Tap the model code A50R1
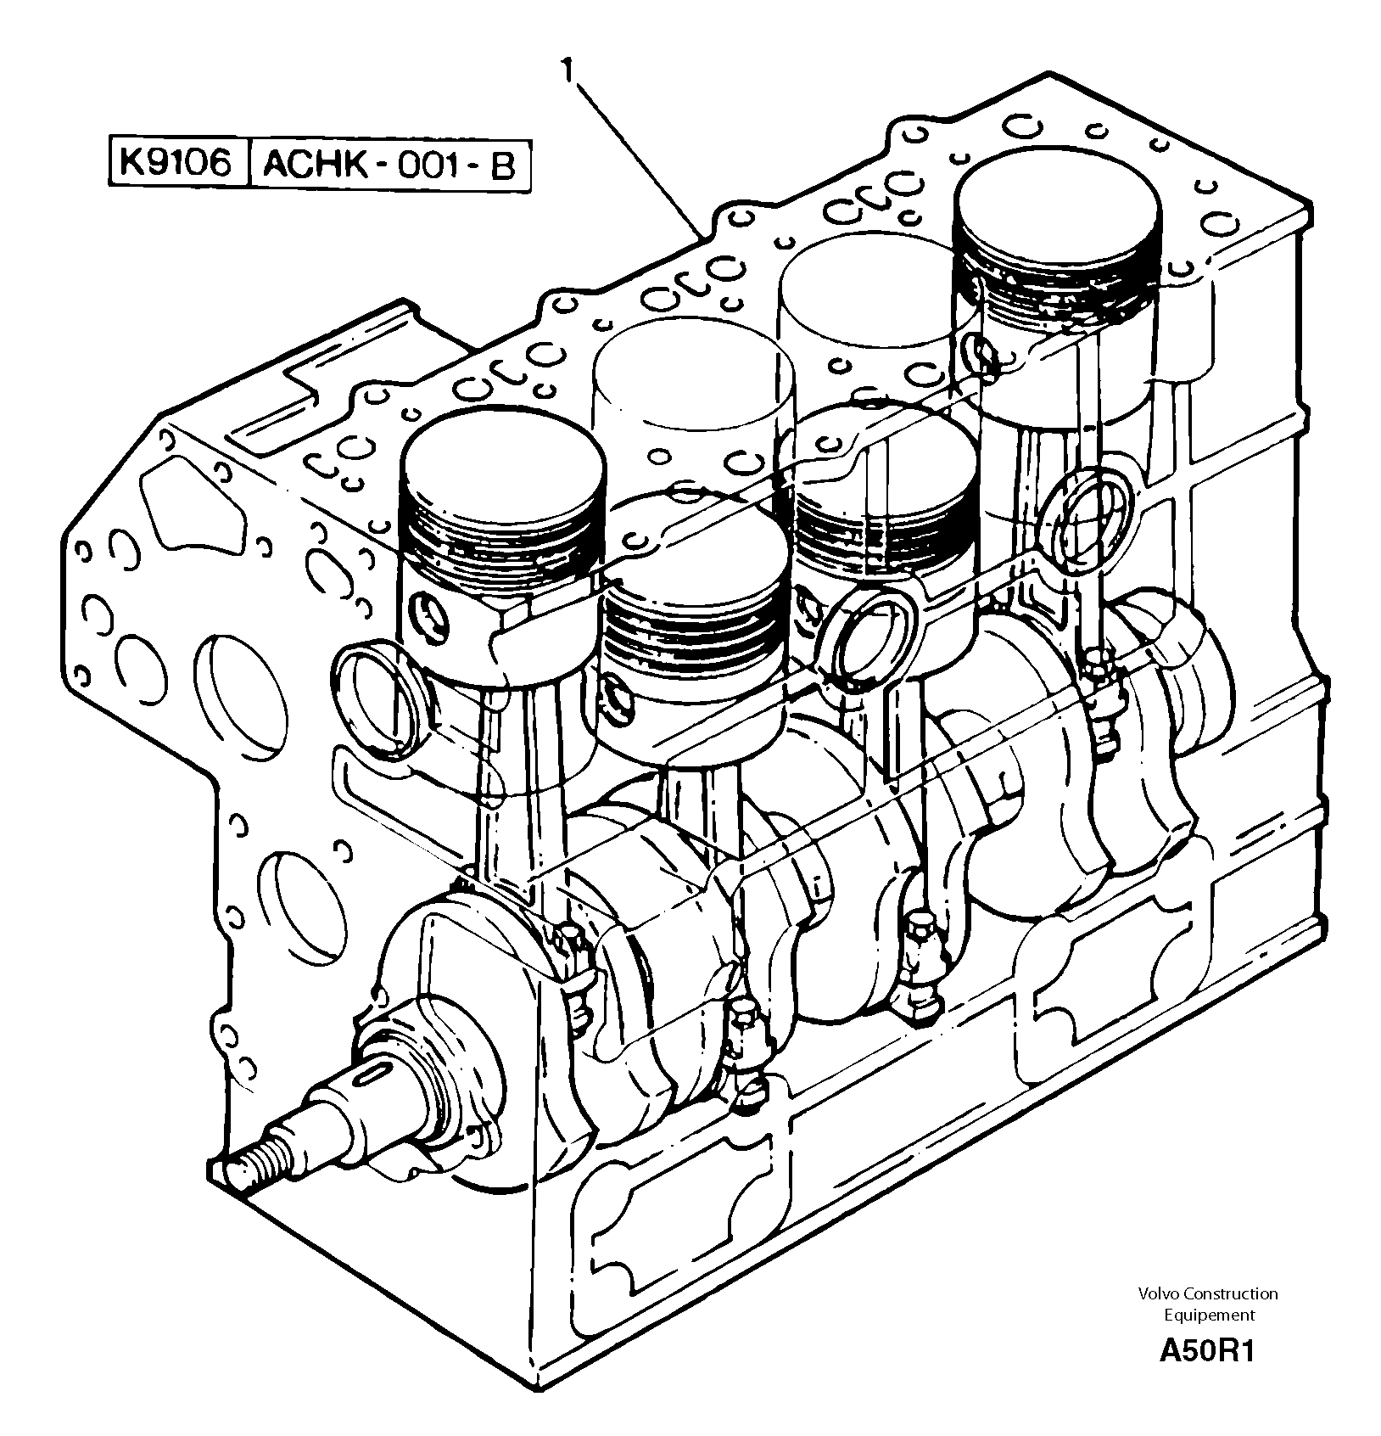pos(1206,1349)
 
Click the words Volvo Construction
pos(1208,1293)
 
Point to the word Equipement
pos(1209,1315)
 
